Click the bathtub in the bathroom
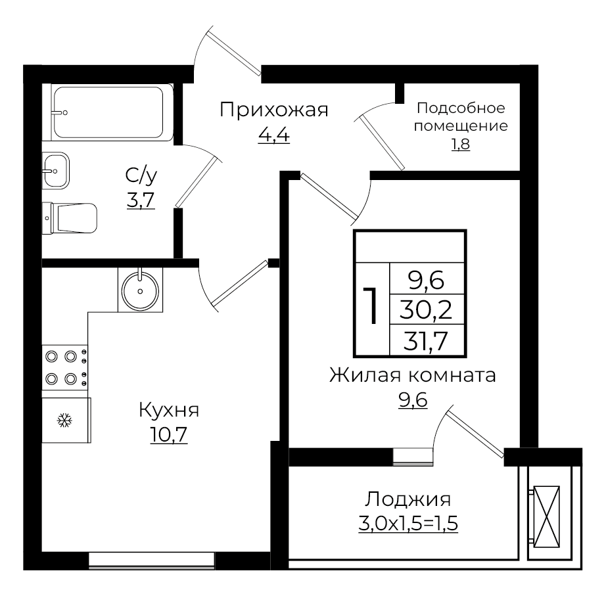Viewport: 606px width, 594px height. (x=108, y=112)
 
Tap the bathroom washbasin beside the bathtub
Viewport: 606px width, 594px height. (x=56, y=170)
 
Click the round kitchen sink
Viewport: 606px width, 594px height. (x=140, y=290)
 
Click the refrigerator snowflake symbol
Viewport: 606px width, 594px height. (x=64, y=420)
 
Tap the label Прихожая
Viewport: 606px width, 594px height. (x=273, y=110)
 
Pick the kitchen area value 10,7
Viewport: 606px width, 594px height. (x=168, y=435)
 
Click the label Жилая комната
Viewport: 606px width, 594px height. (x=412, y=376)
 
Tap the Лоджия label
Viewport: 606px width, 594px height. (x=408, y=499)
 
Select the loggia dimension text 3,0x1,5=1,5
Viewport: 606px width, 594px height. (x=408, y=524)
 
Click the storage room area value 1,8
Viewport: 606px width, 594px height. (x=460, y=144)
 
